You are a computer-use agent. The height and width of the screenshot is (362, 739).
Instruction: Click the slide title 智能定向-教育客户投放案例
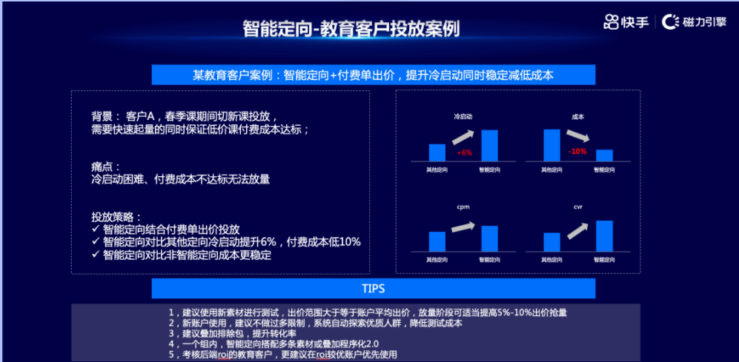tap(351, 29)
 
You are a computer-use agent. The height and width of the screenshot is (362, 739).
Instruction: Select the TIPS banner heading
tap(373, 288)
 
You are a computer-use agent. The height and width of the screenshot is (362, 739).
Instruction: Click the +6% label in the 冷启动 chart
tap(465, 152)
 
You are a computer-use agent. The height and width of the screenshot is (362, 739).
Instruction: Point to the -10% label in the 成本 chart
tap(577, 151)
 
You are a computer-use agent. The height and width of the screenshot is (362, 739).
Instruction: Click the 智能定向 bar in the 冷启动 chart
tap(489, 145)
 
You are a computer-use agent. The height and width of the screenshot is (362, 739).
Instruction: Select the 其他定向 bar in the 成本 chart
tap(551, 145)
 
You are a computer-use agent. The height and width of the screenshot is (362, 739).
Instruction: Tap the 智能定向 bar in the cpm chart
tap(489, 238)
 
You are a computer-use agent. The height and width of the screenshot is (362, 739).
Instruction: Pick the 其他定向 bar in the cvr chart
tap(551, 242)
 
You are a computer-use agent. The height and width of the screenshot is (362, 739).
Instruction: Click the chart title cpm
tap(463, 207)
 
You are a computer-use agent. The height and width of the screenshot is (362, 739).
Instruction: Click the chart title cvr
tap(578, 207)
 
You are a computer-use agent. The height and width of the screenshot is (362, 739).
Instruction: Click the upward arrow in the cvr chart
tap(577, 230)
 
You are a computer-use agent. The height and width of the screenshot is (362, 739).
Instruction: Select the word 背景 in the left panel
tap(102, 117)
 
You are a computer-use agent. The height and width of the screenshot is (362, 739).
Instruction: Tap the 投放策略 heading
tap(116, 217)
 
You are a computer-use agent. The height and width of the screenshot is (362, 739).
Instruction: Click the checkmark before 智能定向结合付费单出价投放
tap(96, 229)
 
